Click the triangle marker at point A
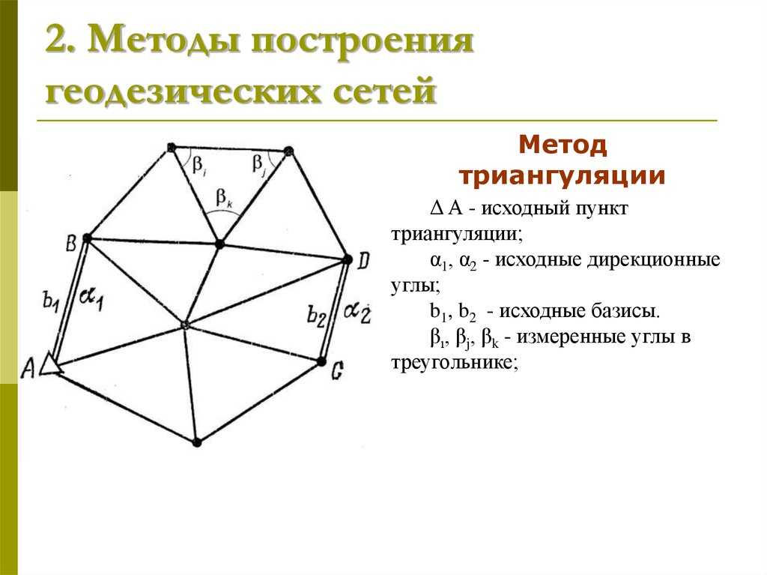(x=50, y=365)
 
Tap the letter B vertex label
(x=71, y=243)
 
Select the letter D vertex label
(x=363, y=261)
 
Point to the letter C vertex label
(x=337, y=371)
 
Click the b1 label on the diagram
(x=51, y=300)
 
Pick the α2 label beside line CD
(x=357, y=312)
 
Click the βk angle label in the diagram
(x=224, y=199)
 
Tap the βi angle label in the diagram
(x=198, y=165)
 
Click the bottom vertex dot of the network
(x=197, y=442)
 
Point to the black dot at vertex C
(x=321, y=362)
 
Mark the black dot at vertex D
(x=348, y=259)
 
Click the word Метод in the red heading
(x=563, y=145)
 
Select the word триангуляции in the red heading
(x=563, y=176)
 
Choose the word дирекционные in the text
(x=653, y=260)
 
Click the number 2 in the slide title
(x=55, y=40)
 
